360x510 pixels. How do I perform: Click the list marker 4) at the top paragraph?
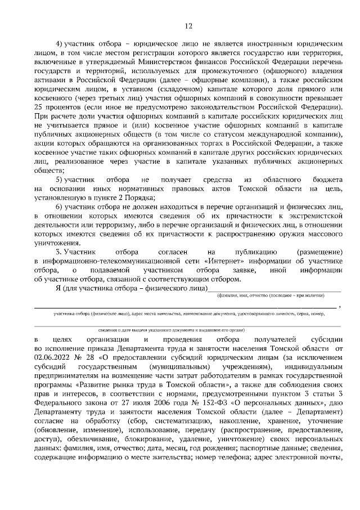point(58,43)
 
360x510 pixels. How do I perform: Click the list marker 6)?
point(58,207)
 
